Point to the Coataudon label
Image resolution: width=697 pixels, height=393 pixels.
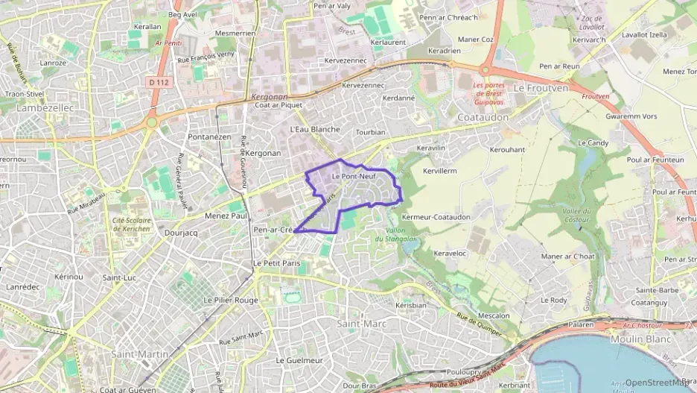coord(483,118)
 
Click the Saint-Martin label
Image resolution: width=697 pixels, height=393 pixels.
coord(139,353)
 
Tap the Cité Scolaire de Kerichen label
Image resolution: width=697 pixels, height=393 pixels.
coord(132,224)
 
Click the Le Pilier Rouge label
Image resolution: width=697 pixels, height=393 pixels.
coord(230,300)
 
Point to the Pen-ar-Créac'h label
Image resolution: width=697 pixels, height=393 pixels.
coord(273,230)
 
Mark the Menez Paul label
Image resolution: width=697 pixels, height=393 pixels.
coord(226,216)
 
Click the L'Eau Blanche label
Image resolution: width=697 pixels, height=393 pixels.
coord(314,129)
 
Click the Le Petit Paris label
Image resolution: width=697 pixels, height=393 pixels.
coord(276,263)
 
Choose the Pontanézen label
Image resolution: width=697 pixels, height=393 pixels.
coord(209,137)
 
